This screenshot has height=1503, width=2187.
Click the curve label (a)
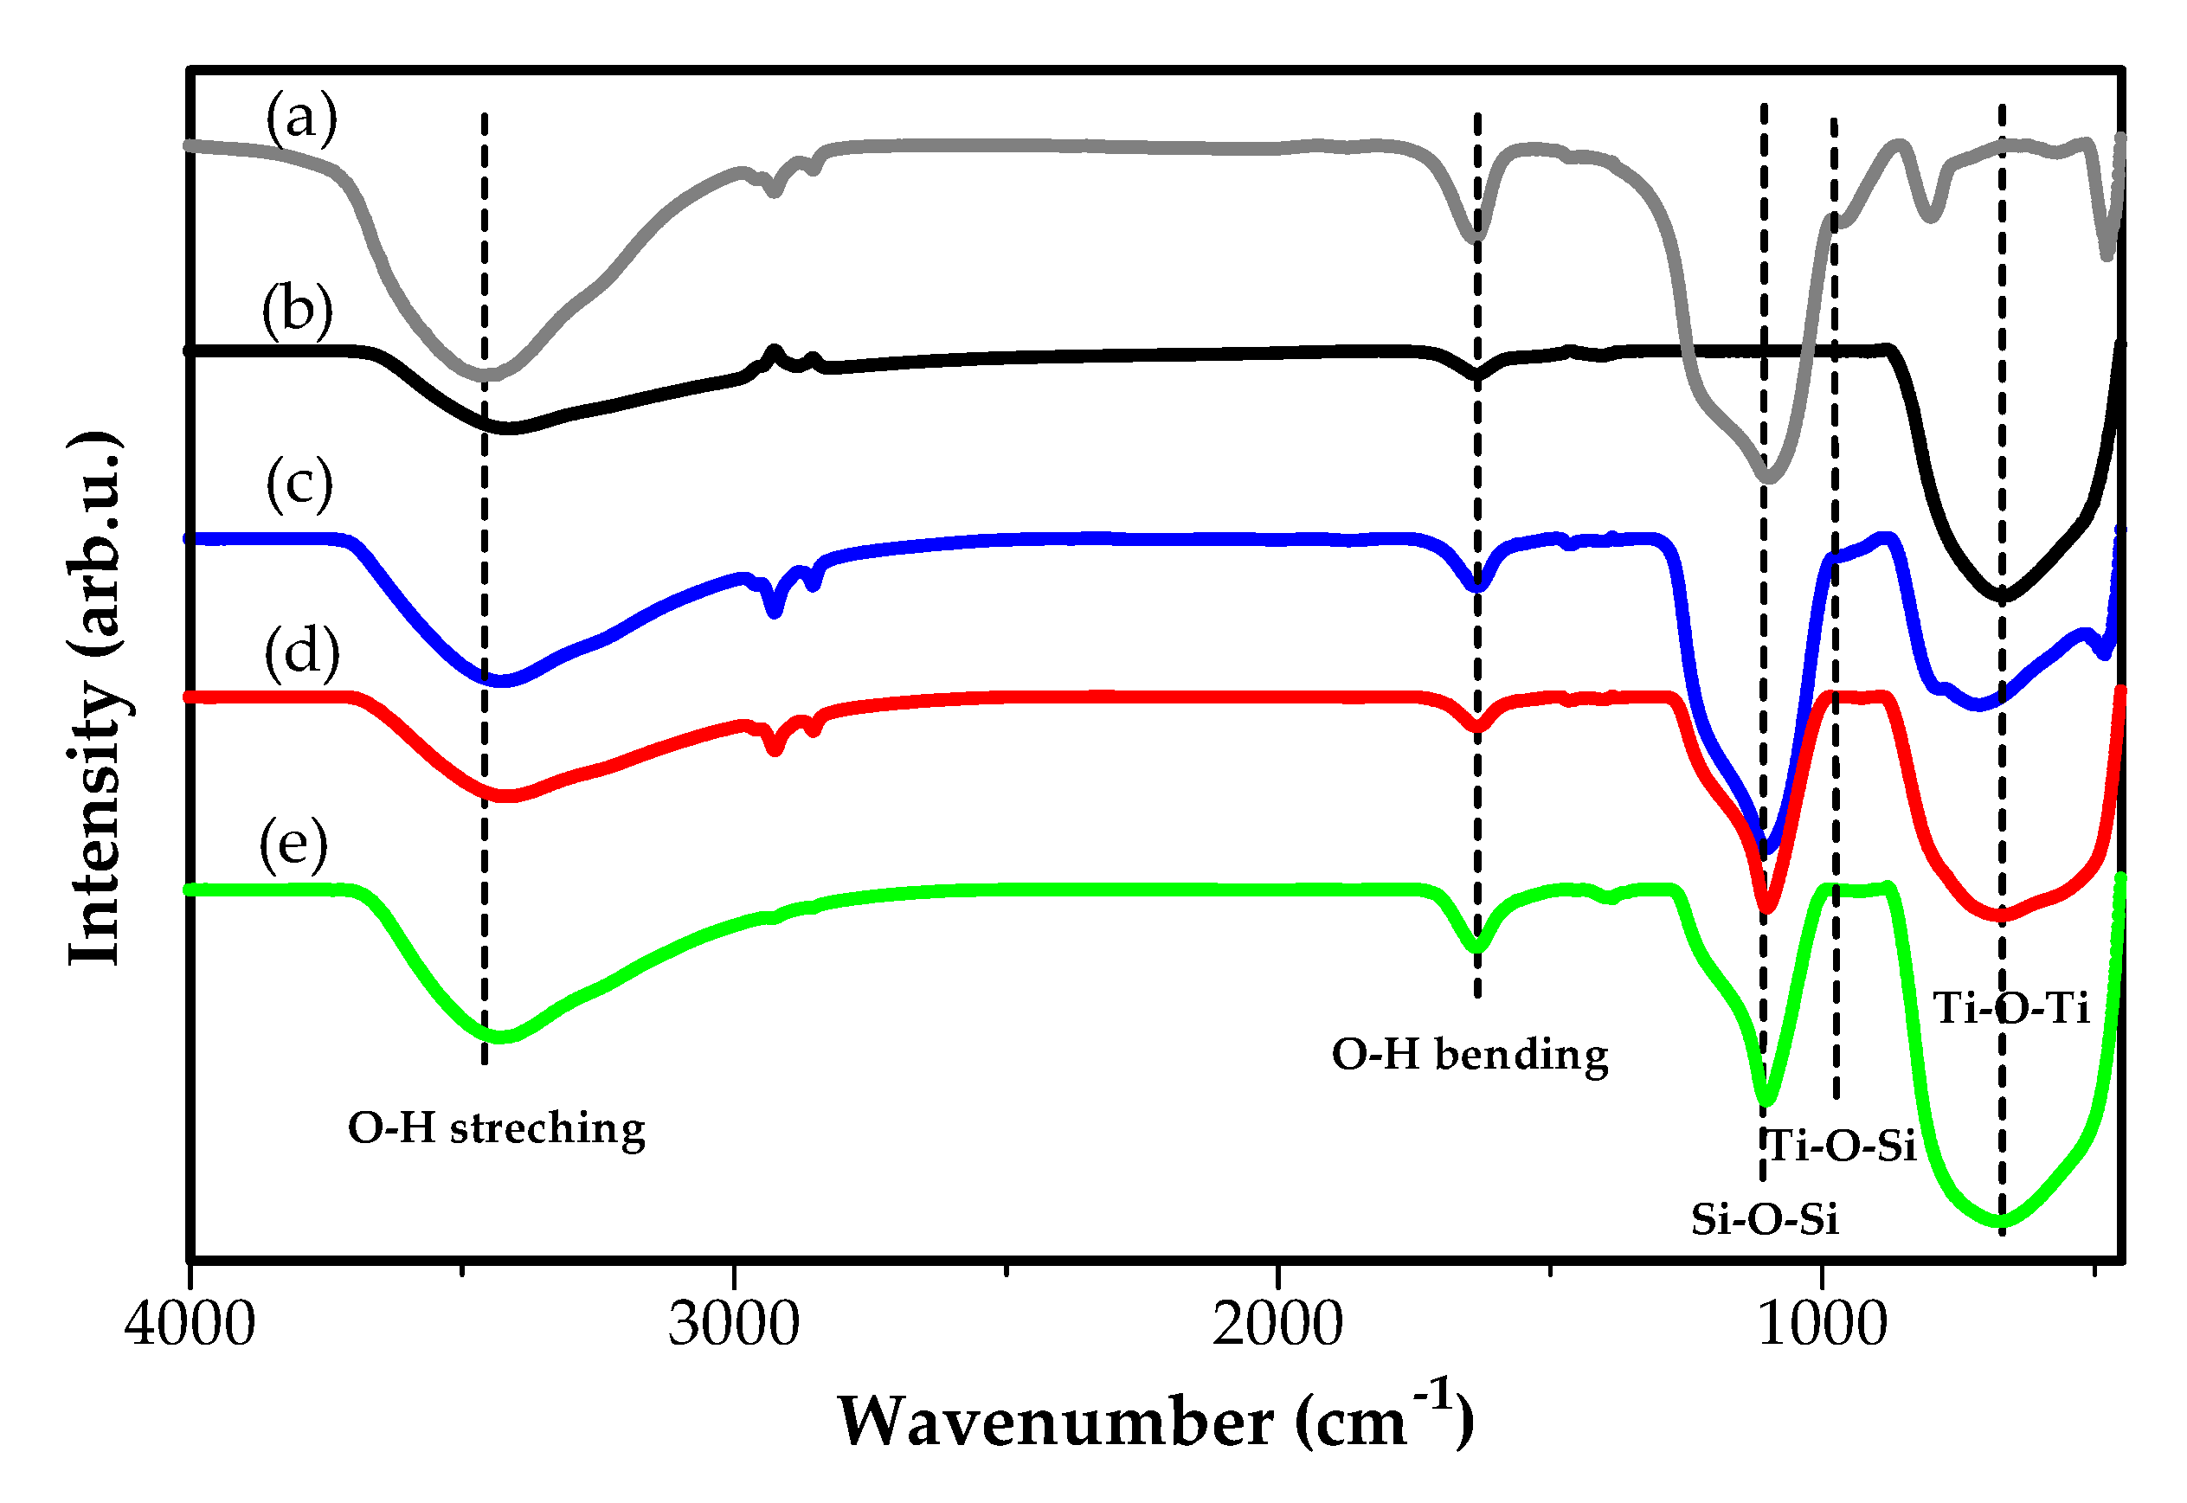point(300,118)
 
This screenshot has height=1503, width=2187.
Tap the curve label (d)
point(301,652)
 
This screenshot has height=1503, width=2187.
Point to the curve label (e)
point(294,843)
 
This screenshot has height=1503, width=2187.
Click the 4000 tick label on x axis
point(190,1323)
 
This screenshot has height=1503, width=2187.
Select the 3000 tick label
point(734,1323)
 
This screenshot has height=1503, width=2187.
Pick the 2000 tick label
point(1277,1323)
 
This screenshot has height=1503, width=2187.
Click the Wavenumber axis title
point(1155,1420)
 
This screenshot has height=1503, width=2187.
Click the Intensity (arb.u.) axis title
point(97,699)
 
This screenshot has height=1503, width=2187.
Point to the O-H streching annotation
point(497,1128)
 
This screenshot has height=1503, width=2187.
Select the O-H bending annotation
point(1470,1054)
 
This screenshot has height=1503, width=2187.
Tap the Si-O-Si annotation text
point(1764,1219)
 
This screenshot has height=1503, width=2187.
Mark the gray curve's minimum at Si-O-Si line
point(1768,478)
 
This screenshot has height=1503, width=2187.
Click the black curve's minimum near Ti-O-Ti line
point(2003,596)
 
